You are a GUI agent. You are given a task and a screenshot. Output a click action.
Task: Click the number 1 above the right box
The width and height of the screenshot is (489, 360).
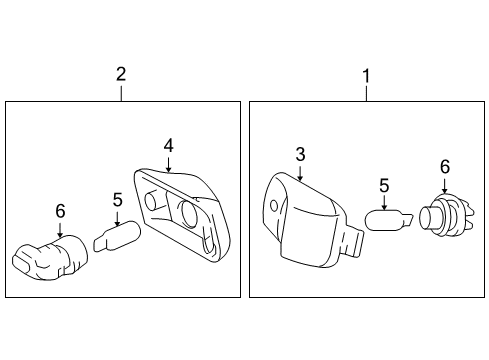(x=365, y=74)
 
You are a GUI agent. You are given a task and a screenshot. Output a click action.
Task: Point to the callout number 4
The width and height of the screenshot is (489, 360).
(x=169, y=145)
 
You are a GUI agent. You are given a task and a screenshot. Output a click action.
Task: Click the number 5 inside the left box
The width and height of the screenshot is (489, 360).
(x=116, y=199)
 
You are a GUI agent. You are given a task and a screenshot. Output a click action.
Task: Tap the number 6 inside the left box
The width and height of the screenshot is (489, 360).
(x=60, y=211)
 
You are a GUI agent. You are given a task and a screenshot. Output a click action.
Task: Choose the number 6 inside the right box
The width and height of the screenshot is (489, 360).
(x=445, y=166)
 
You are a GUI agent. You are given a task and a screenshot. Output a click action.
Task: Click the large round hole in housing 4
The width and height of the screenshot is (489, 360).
(x=188, y=213)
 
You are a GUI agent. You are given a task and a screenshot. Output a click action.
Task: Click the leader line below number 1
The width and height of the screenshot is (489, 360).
(x=365, y=92)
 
